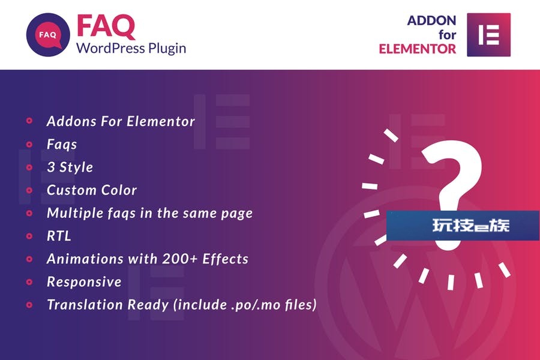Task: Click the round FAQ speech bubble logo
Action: click(48, 35)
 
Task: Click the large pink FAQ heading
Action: click(106, 26)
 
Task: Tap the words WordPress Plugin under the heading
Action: click(131, 48)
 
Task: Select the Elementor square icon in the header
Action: click(488, 35)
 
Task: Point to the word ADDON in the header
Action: click(431, 20)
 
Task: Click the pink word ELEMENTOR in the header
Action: click(418, 49)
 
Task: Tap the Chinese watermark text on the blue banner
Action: click(471, 226)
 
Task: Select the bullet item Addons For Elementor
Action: click(121, 121)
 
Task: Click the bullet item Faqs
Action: click(62, 145)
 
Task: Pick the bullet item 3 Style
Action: click(70, 167)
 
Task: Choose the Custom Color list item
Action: click(92, 190)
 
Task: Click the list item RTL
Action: click(59, 236)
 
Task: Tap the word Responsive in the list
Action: click(84, 282)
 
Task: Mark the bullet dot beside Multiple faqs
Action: click(29, 213)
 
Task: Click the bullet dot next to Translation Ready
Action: click(29, 305)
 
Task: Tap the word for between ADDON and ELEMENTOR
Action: click(448, 35)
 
